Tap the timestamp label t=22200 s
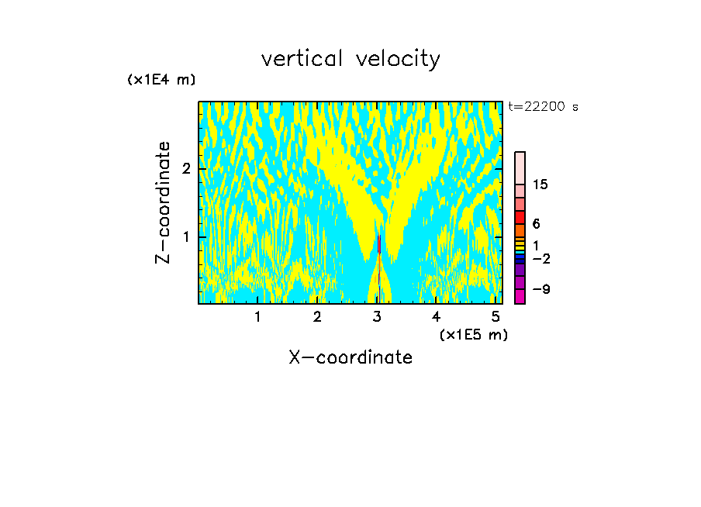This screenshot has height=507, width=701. coord(543,107)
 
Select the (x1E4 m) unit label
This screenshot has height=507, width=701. coord(161,80)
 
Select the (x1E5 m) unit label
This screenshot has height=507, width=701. coord(473,334)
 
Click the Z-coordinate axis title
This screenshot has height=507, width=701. coord(163,202)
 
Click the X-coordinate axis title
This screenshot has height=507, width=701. coord(350,357)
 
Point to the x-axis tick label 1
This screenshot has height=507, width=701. coord(258,317)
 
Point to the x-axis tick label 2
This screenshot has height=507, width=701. coord(317,317)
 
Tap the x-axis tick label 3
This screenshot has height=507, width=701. coord(377,317)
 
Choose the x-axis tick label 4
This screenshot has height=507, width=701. coord(437,317)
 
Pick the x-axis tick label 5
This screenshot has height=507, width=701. coord(496,317)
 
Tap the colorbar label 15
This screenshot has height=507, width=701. coord(540,185)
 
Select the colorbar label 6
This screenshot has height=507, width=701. coord(536,224)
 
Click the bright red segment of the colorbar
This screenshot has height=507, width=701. coord(520,217)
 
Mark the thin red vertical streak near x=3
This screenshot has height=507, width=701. coord(378,243)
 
